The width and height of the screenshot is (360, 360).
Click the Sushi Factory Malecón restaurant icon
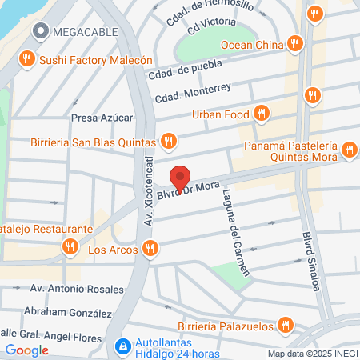click(x=27, y=58)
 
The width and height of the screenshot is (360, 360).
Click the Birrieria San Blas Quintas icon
click(x=167, y=141)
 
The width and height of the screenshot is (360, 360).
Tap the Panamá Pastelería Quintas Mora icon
click(x=348, y=150)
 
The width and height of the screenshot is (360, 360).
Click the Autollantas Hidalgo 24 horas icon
click(x=122, y=346)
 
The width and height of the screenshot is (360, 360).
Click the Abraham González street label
click(x=67, y=312)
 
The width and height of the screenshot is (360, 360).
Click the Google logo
click(x=26, y=350)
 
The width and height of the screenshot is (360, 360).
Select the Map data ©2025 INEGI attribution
click(x=312, y=353)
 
